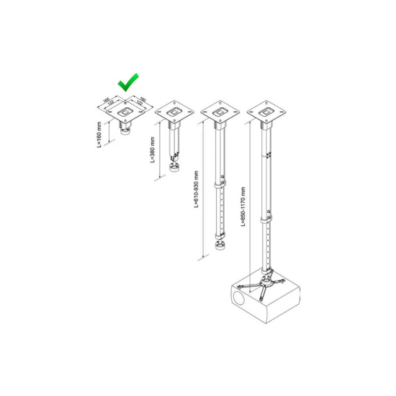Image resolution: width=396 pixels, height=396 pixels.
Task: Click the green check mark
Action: point(128,83)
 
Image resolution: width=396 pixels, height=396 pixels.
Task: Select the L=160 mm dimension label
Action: point(99,135)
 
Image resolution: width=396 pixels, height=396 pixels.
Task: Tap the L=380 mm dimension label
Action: point(152,150)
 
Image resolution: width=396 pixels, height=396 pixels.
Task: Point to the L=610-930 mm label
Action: point(196,189)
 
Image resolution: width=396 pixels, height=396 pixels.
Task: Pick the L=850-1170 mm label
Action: point(243,207)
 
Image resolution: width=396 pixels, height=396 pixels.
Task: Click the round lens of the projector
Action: point(239,298)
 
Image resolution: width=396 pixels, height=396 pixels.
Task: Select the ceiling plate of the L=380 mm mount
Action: point(174,112)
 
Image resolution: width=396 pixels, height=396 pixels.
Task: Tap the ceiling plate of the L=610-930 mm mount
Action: point(220,112)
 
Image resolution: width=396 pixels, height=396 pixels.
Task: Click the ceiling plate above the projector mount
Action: point(267,112)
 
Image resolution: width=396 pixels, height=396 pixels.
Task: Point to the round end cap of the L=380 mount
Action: point(175,168)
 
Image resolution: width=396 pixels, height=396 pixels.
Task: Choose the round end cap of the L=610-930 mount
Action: point(221,246)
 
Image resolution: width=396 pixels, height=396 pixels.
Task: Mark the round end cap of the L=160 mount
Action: point(126,131)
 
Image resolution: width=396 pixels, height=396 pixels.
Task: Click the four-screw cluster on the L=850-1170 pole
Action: point(269,154)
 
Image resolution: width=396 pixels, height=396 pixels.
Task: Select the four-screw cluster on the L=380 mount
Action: point(177,154)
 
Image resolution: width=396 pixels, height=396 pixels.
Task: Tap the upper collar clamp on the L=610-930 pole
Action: point(220,185)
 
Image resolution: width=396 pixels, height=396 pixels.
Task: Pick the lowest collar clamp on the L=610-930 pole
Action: point(220,236)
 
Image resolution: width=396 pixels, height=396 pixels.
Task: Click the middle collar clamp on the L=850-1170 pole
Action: point(267,220)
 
